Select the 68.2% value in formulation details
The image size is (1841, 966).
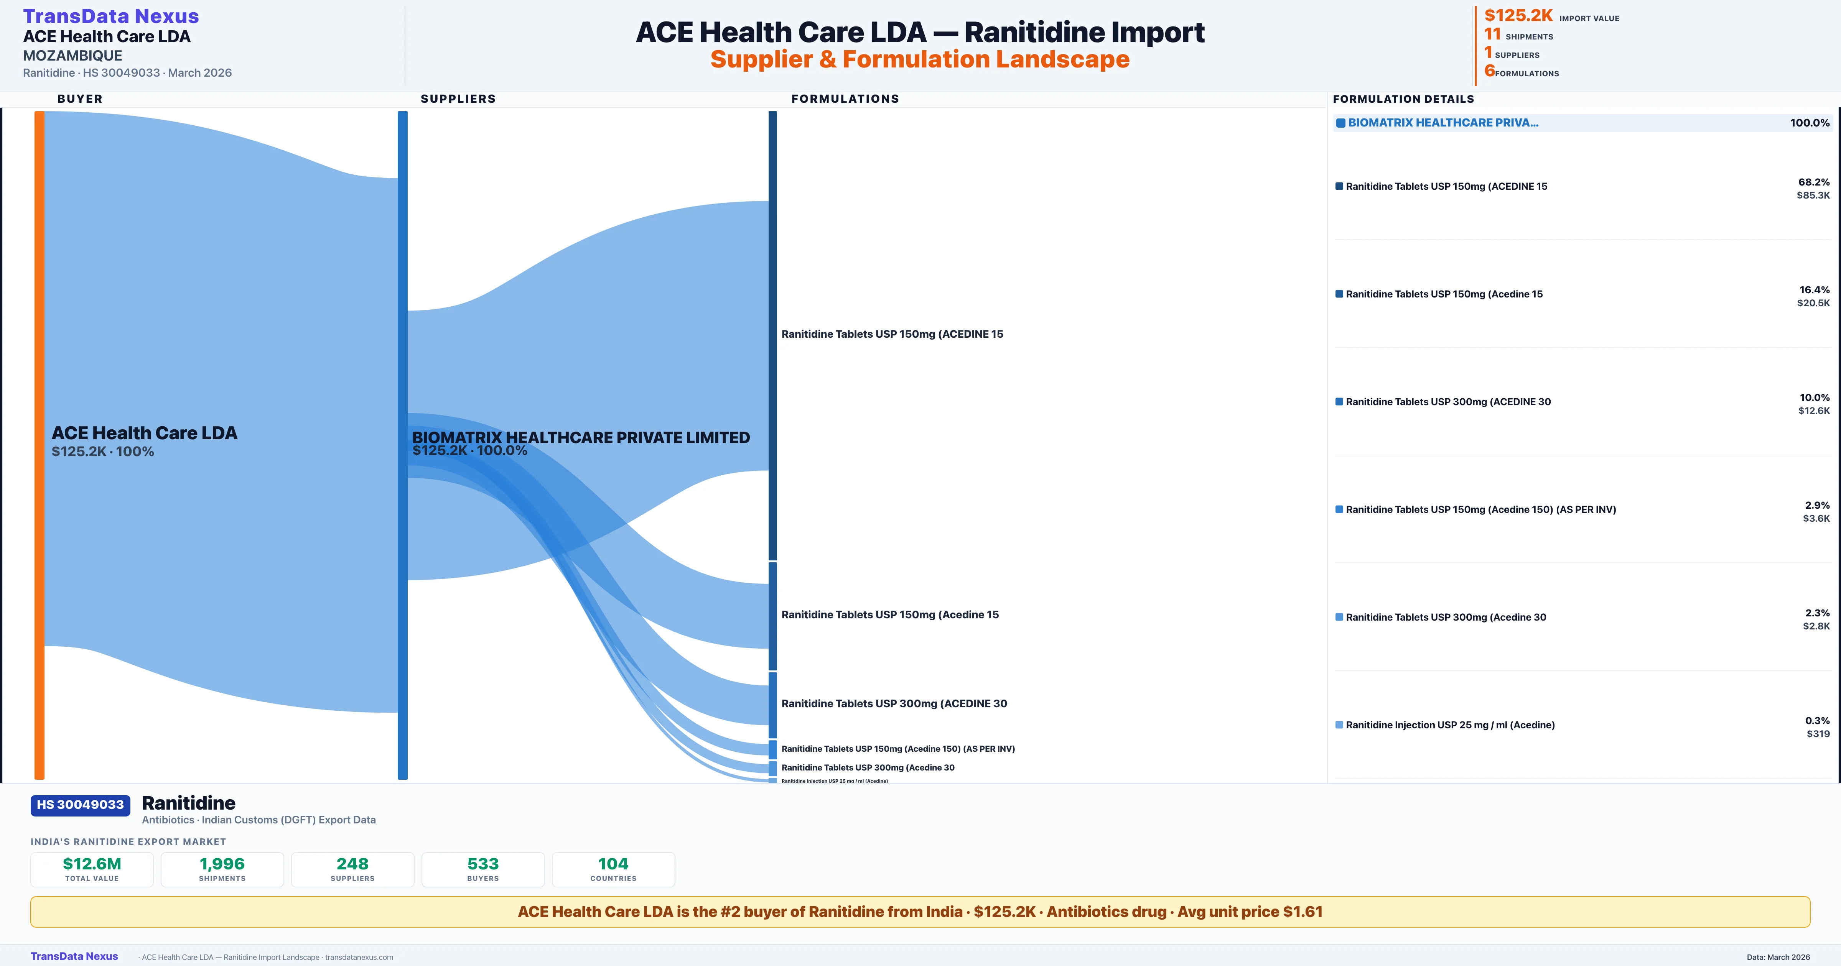tap(1814, 182)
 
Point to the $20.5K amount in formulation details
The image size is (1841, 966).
tap(1813, 303)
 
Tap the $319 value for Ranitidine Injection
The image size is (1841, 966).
tap(1818, 734)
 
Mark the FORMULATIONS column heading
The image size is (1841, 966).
tap(845, 99)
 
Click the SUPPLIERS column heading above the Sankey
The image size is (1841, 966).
tap(458, 99)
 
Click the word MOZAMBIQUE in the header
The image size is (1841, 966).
tap(72, 56)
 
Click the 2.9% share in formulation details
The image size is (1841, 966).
tap(1817, 505)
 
